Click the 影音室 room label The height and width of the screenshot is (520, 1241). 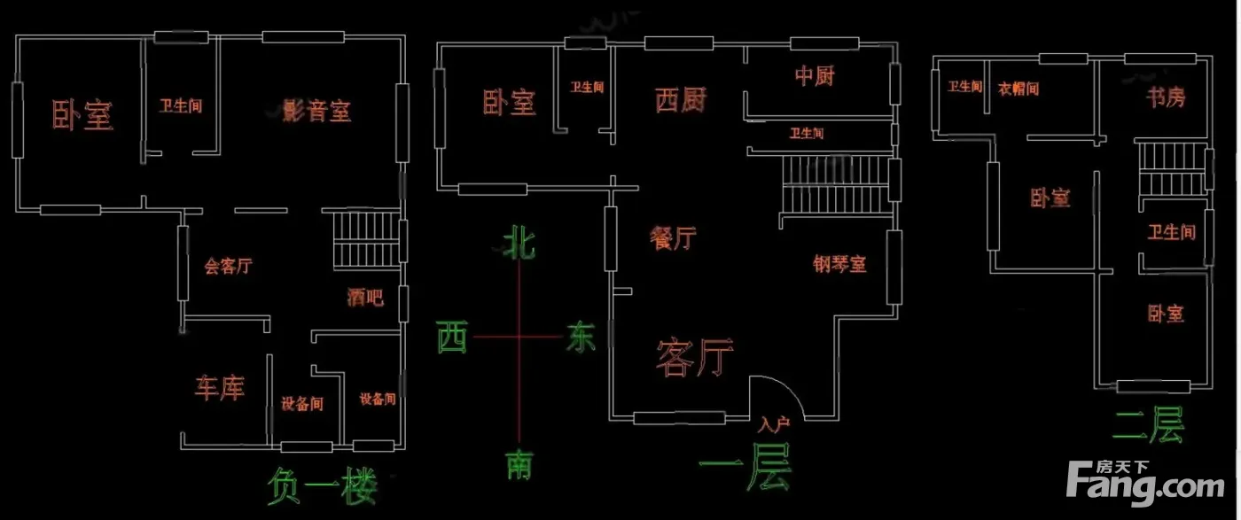point(316,112)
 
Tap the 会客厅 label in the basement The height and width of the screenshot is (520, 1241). point(229,266)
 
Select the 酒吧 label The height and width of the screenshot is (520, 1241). point(365,298)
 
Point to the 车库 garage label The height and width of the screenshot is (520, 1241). point(219,388)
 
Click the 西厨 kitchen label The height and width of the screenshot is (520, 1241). point(681,101)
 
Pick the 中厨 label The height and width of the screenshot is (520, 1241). point(814,76)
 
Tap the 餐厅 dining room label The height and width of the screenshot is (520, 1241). point(673,238)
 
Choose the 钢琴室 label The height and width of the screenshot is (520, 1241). point(839,263)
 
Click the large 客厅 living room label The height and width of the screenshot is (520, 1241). point(694,358)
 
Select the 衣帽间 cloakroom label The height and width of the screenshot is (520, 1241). point(1019,88)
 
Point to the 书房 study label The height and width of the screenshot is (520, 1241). point(1163,97)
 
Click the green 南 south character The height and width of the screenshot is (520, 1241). point(519,464)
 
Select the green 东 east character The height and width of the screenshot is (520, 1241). point(581,338)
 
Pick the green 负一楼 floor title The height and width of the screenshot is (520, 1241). point(322,486)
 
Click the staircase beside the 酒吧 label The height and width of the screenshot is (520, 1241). point(365,240)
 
